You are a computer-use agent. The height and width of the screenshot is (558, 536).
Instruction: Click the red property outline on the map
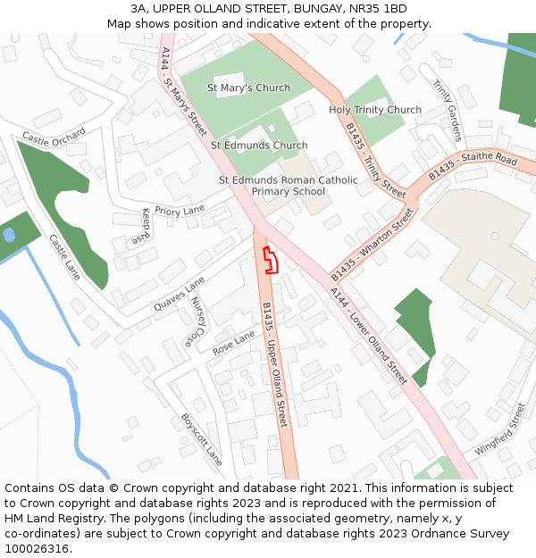pyautogui.click(x=269, y=260)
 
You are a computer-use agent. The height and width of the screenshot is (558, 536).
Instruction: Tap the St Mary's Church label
pyautogui.click(x=248, y=88)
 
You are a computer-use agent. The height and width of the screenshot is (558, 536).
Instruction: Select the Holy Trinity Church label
pyautogui.click(x=375, y=110)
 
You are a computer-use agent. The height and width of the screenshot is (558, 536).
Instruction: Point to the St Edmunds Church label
pyautogui.click(x=259, y=146)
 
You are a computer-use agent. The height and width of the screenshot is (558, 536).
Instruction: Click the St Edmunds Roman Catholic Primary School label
pyautogui.click(x=289, y=186)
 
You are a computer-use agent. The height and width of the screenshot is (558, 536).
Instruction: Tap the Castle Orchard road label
pyautogui.click(x=54, y=137)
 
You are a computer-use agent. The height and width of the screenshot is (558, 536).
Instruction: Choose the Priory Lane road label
pyautogui.click(x=180, y=211)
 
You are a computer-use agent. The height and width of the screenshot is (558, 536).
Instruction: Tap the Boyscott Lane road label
pyautogui.click(x=201, y=438)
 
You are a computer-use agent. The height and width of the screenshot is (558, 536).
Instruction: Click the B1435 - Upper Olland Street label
pyautogui.click(x=274, y=364)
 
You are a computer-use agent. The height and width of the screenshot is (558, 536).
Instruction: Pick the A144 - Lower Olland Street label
pyautogui.click(x=368, y=336)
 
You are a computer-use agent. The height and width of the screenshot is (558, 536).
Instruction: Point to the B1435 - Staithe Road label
pyautogui.click(x=472, y=167)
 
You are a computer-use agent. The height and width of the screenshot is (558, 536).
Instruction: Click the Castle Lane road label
pyautogui.click(x=64, y=257)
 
